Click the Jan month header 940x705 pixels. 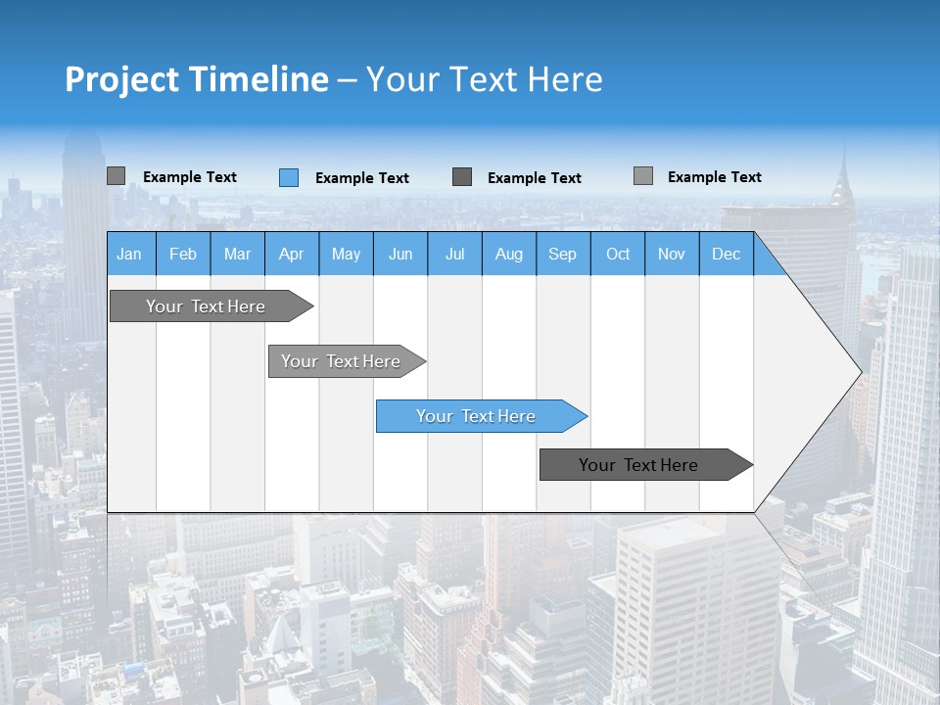(129, 254)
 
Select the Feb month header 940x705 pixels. (183, 254)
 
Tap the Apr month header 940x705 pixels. (292, 254)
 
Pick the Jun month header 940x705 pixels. (400, 254)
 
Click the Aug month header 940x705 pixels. (509, 254)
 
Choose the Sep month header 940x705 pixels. (563, 254)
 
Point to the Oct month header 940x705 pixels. (618, 254)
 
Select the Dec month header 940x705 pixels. (727, 254)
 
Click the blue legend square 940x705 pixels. (289, 177)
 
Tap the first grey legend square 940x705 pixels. (116, 176)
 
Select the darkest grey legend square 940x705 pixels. (462, 177)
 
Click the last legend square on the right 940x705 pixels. (643, 176)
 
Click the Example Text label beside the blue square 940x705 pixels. (362, 178)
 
